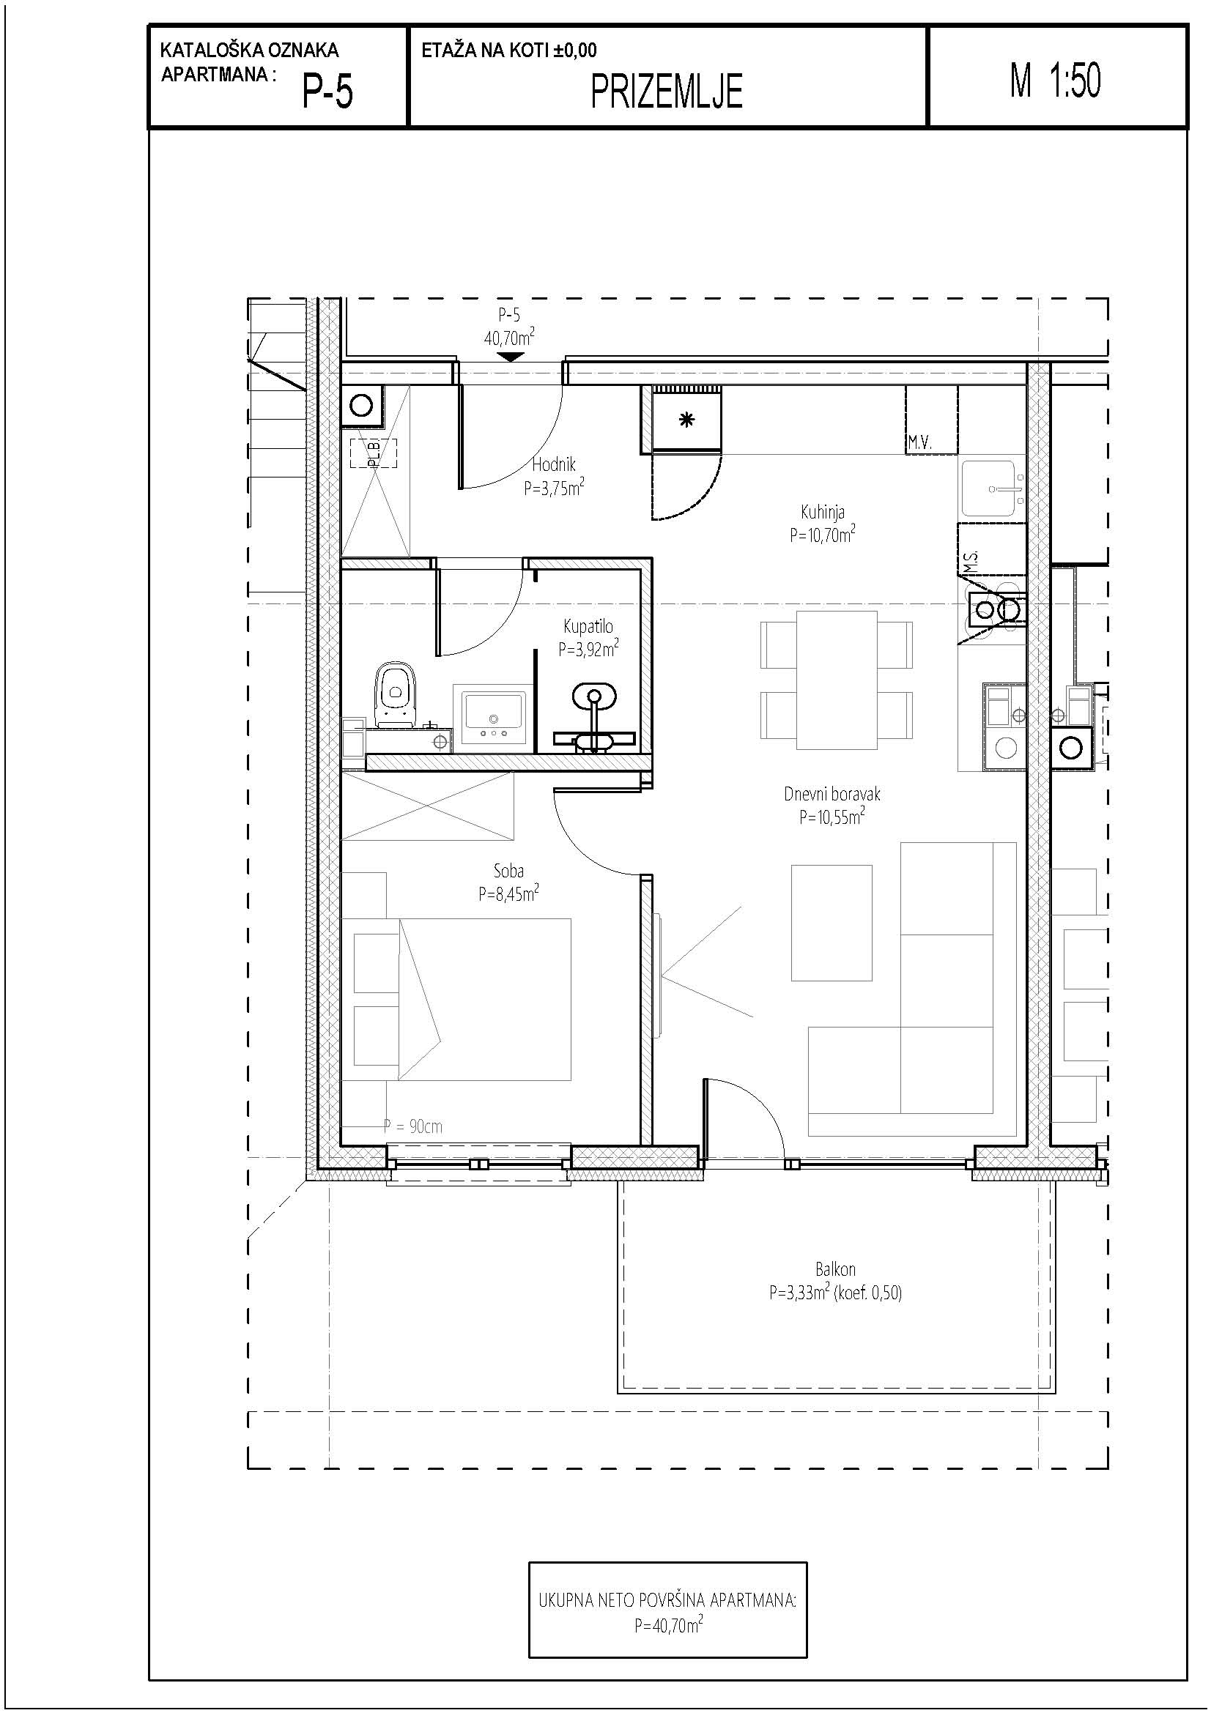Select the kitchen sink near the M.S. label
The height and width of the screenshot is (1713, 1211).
992,488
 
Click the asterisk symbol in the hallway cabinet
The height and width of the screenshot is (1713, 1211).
686,420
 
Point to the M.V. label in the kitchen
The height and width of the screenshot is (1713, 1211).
920,443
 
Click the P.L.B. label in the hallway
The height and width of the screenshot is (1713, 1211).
374,453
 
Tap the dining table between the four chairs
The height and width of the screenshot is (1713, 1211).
837,680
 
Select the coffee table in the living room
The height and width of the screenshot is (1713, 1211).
832,922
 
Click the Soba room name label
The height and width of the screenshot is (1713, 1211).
508,871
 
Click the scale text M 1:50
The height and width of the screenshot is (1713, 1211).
1055,81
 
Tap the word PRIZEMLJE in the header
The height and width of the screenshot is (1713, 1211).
667,92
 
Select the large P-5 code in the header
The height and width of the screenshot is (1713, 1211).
327,92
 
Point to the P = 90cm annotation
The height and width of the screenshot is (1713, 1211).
412,1126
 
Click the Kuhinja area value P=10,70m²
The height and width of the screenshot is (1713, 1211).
822,534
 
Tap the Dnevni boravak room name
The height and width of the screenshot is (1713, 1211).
832,794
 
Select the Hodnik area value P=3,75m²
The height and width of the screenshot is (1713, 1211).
554,488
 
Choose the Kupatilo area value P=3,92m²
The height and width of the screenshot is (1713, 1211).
588,649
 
